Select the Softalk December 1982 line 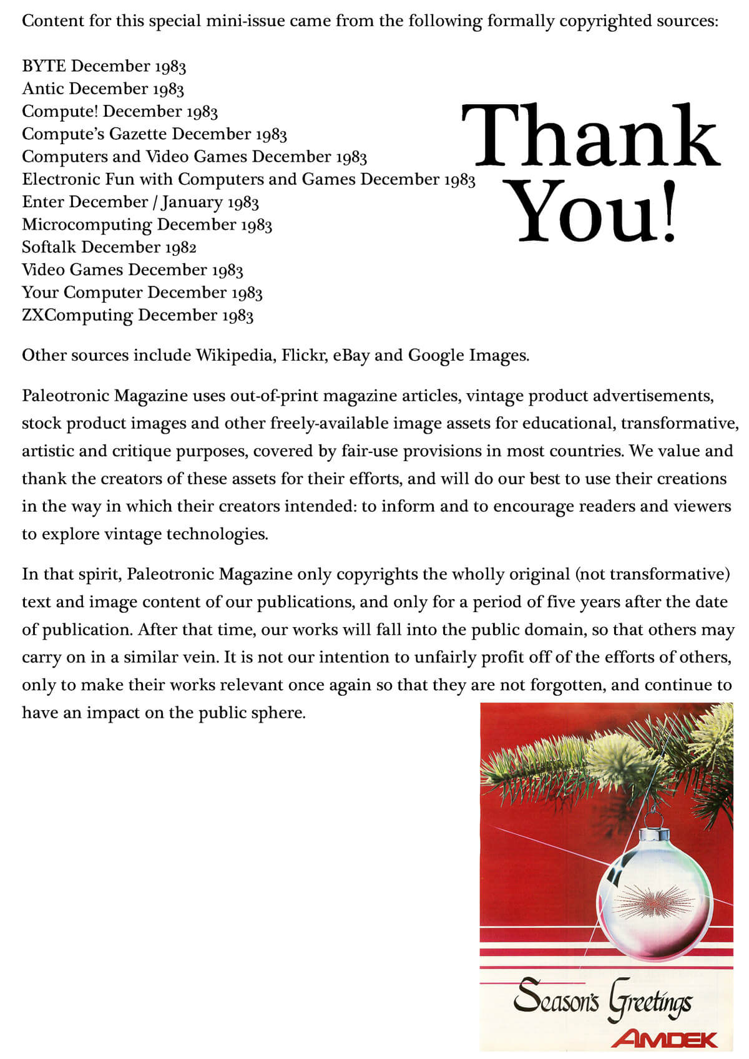[109, 247]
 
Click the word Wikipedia [235, 355]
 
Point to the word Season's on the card [556, 997]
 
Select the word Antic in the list [43, 89]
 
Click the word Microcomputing [87, 225]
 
